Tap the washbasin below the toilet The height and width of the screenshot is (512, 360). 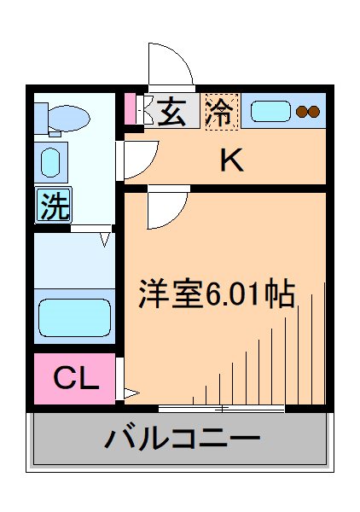(51, 160)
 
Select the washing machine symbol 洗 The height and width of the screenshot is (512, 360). (53, 206)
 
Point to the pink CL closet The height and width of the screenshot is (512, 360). (75, 378)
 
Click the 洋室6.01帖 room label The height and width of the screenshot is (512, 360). (218, 294)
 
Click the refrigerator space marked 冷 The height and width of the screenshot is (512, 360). (221, 112)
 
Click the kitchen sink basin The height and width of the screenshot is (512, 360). (270, 112)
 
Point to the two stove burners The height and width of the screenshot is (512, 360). (307, 111)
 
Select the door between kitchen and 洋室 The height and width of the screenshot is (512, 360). (166, 210)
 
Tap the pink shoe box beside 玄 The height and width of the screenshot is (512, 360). (131, 109)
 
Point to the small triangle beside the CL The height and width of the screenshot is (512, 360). (131, 393)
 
